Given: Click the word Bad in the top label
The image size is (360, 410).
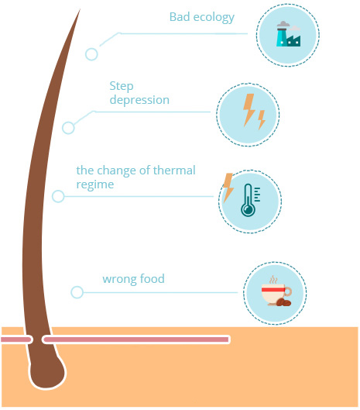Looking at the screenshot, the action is [x=180, y=17].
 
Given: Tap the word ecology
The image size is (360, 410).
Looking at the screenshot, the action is [x=214, y=18].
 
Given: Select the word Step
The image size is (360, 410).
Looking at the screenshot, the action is [x=122, y=87].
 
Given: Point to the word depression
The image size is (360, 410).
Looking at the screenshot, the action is [x=139, y=100].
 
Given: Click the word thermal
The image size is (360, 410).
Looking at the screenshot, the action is [x=174, y=171].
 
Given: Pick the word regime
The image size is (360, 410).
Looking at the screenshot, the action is [x=95, y=185].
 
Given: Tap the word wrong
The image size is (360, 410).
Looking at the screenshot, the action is [x=119, y=279].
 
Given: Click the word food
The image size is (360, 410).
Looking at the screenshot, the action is [x=152, y=278].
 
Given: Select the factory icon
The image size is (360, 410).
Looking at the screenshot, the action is [x=288, y=34].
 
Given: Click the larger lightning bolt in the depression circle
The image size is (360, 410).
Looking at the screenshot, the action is [x=249, y=110].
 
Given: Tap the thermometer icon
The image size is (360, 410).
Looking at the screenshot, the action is [x=250, y=200].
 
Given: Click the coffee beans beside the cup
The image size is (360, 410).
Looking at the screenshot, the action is [x=283, y=302].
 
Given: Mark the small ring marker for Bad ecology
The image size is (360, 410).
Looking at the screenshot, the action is [x=91, y=54].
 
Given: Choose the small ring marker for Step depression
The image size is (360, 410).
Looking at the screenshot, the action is [x=68, y=128].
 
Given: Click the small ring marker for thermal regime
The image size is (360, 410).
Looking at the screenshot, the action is [x=58, y=196].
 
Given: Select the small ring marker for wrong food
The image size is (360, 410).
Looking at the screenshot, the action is [x=77, y=292].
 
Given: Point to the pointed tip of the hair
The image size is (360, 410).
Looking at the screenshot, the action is [x=80, y=9].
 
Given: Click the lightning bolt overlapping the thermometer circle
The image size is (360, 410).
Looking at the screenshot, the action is [x=228, y=188].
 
